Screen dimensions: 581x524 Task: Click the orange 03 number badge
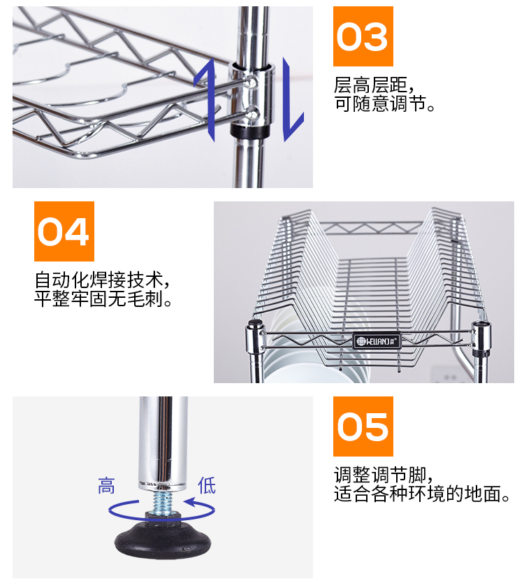pos(363,36)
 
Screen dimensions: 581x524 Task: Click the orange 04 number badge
pos(64,231)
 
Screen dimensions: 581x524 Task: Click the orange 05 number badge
pos(363,426)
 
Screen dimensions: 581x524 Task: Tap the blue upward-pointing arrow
pos(204,98)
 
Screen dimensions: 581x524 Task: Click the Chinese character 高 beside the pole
pos(106,485)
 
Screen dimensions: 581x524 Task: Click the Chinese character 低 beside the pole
pos(207,485)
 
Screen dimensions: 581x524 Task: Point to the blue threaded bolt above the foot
pos(163,503)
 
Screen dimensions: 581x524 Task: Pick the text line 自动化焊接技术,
pos(103,281)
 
